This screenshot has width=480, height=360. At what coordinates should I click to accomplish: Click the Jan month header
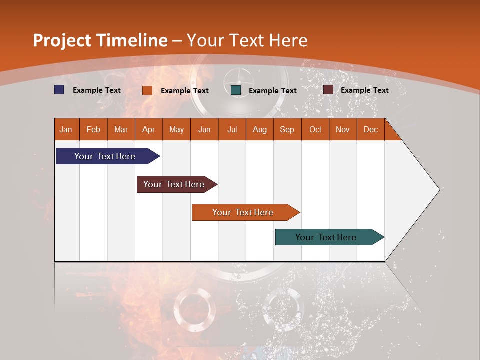pos(66,129)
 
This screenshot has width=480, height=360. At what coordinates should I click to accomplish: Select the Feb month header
pos(93,129)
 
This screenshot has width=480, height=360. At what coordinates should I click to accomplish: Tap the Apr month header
pos(148,129)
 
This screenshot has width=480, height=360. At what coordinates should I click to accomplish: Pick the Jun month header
pos(204,129)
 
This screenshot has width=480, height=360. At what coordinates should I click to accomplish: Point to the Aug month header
pos(259,129)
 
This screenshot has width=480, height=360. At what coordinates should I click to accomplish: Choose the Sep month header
pos(287,129)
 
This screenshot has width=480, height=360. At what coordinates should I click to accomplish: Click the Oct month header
pos(315,129)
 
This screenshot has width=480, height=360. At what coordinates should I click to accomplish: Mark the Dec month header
pos(370,129)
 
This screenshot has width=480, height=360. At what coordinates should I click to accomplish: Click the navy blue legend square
pos(59,90)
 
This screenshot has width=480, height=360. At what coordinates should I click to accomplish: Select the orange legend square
pos(147,90)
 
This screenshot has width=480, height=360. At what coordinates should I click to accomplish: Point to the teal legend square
pos(236,90)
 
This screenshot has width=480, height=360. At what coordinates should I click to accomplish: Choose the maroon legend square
pos(328,90)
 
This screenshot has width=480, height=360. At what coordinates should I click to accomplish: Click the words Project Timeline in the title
pos(100,40)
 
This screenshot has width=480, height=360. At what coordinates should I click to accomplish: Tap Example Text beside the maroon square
pos(364,90)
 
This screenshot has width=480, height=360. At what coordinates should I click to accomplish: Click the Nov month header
pos(342,129)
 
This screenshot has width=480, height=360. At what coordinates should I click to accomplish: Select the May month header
pos(176,129)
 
